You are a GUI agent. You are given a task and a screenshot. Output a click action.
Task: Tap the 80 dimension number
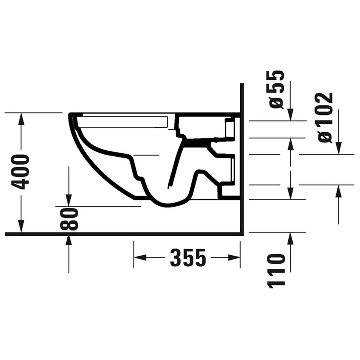click(x=69, y=219)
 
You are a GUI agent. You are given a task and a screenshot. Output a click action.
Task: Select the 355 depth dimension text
click(x=188, y=257)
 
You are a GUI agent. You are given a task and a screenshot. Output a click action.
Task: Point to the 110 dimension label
click(x=277, y=271)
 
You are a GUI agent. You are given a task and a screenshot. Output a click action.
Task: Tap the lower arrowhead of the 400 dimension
click(x=21, y=226)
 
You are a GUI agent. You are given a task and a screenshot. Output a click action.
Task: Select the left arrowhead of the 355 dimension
click(x=140, y=257)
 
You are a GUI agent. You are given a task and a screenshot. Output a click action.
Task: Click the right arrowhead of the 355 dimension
click(x=234, y=257)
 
